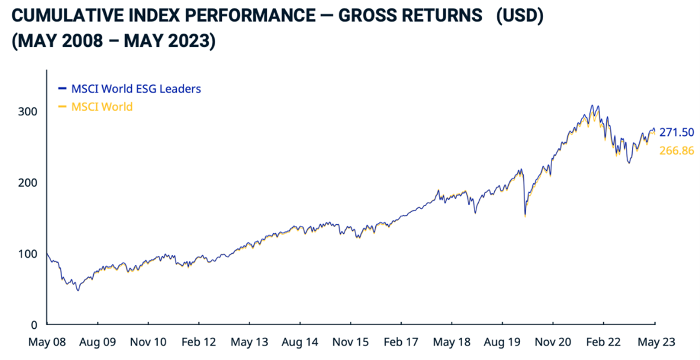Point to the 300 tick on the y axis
(29, 111)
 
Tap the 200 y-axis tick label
(29, 182)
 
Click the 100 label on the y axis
(29, 253)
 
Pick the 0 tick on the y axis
(34, 325)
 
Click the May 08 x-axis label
(46, 342)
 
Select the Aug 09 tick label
(97, 342)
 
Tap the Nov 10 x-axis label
(148, 342)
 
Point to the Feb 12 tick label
(198, 342)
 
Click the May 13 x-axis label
(249, 342)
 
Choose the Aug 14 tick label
(299, 342)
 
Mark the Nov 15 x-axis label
(351, 342)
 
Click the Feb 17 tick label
(401, 342)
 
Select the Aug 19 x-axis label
(502, 342)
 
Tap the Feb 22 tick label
(603, 342)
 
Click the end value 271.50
(677, 132)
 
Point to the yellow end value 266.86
(677, 150)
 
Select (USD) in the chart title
(520, 16)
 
